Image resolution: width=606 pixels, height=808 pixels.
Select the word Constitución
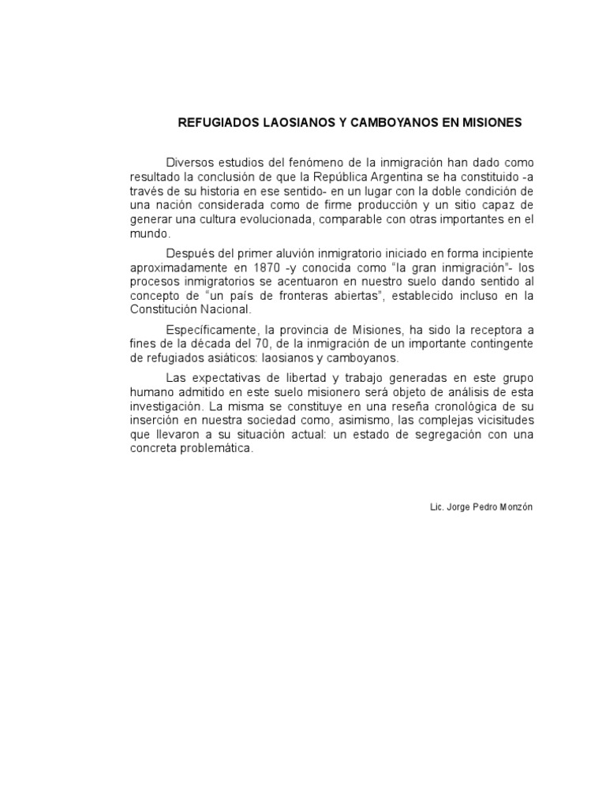point(162,310)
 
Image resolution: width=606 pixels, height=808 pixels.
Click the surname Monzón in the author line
point(516,507)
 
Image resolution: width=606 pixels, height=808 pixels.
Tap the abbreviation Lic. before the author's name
point(437,507)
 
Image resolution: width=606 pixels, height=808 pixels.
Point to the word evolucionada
point(267,219)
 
